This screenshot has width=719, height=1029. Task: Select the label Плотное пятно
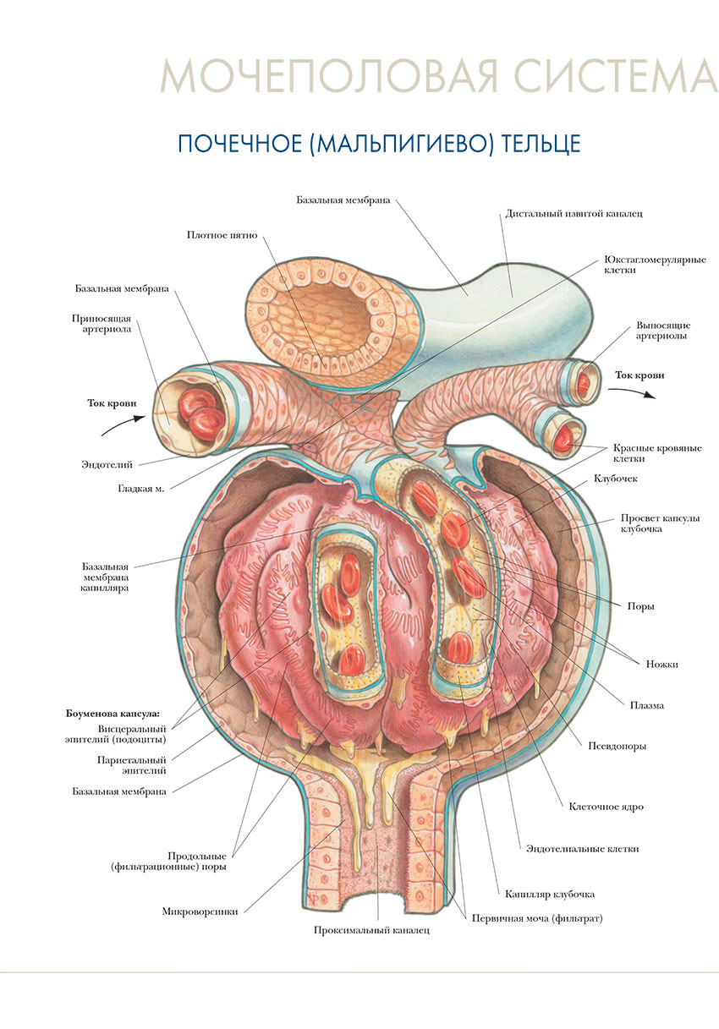222,234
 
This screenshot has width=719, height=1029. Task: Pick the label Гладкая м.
140,488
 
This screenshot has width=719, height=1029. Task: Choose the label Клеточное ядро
606,806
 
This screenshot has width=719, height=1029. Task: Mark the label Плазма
646,705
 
